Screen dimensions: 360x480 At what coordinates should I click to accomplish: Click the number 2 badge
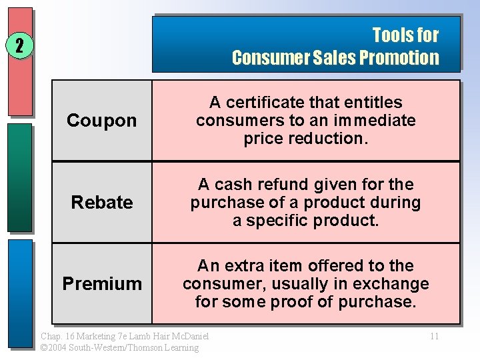click(x=19, y=46)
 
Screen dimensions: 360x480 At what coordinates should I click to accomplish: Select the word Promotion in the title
click(x=399, y=57)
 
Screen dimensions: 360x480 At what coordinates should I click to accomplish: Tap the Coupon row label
click(x=102, y=121)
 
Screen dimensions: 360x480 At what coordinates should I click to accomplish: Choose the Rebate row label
click(x=102, y=202)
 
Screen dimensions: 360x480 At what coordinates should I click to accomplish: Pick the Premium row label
click(x=102, y=283)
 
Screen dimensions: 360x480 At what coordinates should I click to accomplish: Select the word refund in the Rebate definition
click(x=277, y=185)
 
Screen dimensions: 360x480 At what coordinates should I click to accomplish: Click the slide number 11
click(x=434, y=336)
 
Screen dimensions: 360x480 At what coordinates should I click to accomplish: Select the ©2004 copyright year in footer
click(x=53, y=347)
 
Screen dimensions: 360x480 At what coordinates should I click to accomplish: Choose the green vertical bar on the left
click(x=20, y=177)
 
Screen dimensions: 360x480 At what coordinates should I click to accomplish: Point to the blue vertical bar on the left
click(x=20, y=293)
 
